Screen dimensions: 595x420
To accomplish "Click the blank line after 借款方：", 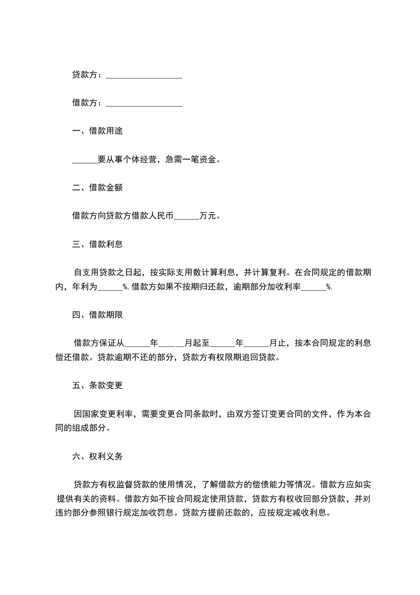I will pos(144,103).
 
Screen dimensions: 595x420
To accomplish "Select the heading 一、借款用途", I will pos(97,132).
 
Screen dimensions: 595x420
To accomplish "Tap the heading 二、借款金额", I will pos(97,188).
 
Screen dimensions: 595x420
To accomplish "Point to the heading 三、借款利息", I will pos(97,244).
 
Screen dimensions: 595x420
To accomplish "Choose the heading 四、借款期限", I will pos(97,314).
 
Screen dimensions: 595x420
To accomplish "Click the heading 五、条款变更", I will pos(97,385).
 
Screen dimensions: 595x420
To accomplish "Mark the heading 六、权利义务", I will pos(97,456).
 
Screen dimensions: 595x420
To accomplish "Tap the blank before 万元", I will pos(186,216).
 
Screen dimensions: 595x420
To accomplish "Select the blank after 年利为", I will pos(110,286).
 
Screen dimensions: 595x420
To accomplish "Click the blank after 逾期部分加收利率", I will pos(314,286).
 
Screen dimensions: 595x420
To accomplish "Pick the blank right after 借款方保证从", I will pos(137,343).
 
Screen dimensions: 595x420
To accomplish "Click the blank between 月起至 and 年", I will pos(222,343).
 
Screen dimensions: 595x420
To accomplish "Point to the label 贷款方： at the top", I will pos(87,75).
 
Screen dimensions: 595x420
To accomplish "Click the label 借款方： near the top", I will pos(87,103).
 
